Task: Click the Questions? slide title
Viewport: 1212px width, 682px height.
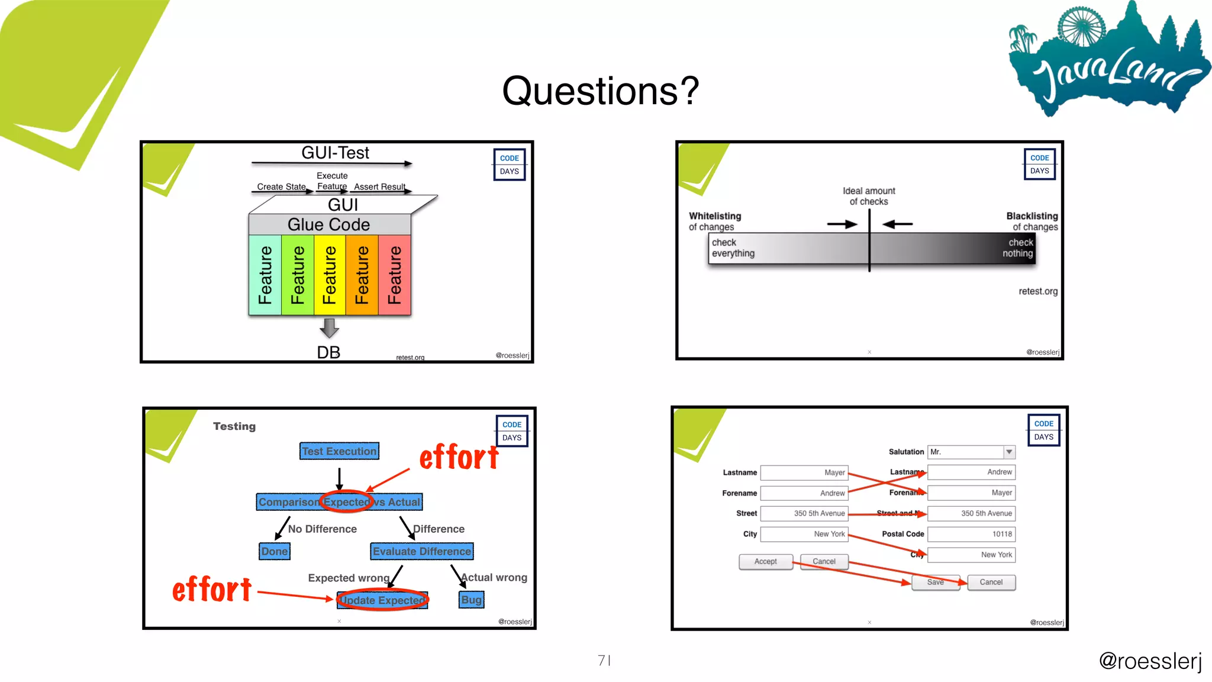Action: pos(600,91)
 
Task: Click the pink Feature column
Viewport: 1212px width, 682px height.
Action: pos(395,275)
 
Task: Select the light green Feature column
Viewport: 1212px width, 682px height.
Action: pos(265,275)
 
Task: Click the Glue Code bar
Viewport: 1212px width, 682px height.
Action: pos(329,224)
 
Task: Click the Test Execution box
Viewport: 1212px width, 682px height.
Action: pos(339,451)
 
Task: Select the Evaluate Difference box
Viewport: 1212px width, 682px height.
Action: pos(421,551)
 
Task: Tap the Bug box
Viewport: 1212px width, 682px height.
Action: pos(471,600)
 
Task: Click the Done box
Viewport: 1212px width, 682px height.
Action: pos(275,551)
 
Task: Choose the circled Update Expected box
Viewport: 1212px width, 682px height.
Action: pos(382,600)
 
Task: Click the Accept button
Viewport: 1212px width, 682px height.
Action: pos(765,561)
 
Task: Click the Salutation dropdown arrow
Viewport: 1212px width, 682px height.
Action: pos(1009,452)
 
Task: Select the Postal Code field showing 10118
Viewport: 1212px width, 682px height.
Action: pos(971,534)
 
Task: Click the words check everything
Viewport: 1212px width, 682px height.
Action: pos(733,248)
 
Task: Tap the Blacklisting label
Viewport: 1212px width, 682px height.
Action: pos(1032,216)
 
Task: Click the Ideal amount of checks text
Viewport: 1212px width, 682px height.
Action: pos(869,196)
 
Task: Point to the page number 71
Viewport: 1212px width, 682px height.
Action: pos(604,660)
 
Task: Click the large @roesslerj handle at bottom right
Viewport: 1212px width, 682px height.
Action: pos(1150,661)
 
